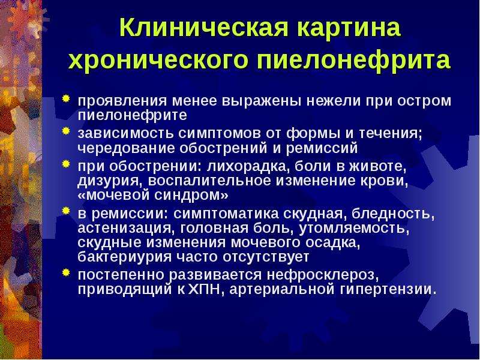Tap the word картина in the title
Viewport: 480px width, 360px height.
click(x=349, y=28)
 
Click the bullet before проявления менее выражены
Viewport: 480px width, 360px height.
click(x=66, y=99)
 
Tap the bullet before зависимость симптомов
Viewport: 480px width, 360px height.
click(x=66, y=131)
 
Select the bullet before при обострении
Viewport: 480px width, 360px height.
click(x=66, y=164)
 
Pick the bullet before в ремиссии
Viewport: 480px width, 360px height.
click(x=66, y=211)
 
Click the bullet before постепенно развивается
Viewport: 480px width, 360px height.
click(x=66, y=272)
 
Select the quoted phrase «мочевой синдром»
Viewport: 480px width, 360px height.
click(x=153, y=196)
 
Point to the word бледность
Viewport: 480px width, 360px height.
click(x=393, y=214)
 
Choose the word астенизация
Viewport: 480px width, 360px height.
click(x=126, y=229)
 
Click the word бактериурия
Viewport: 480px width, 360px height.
click(x=125, y=257)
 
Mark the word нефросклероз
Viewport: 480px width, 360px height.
click(x=323, y=275)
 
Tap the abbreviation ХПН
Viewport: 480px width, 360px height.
click(x=205, y=290)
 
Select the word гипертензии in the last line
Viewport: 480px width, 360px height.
click(x=388, y=290)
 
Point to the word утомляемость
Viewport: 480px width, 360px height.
click(x=354, y=229)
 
